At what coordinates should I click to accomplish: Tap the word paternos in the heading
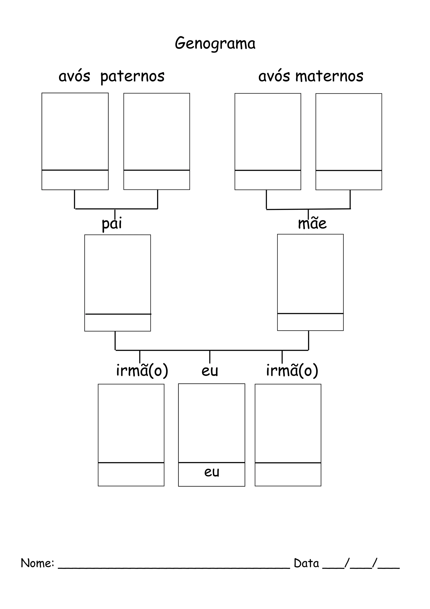132,76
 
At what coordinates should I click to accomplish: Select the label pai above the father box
112,224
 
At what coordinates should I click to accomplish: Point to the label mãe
312,223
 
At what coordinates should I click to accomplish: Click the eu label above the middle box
210,371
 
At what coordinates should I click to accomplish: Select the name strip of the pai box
118,323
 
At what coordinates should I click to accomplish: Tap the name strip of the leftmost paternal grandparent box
75,180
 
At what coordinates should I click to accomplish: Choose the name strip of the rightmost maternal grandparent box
349,180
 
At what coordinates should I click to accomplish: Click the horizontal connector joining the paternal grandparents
116,209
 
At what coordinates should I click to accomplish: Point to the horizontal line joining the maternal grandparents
308,209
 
